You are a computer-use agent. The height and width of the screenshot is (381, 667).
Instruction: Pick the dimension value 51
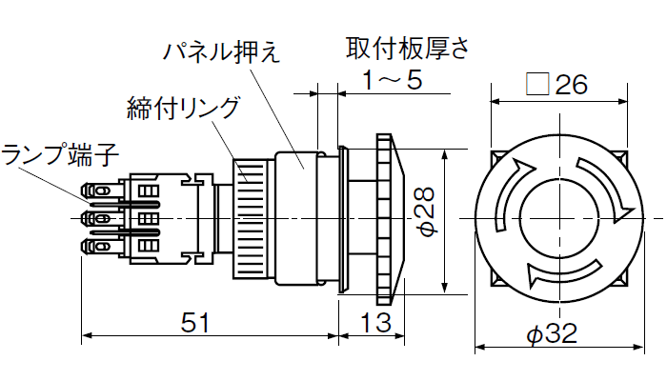click(x=194, y=324)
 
